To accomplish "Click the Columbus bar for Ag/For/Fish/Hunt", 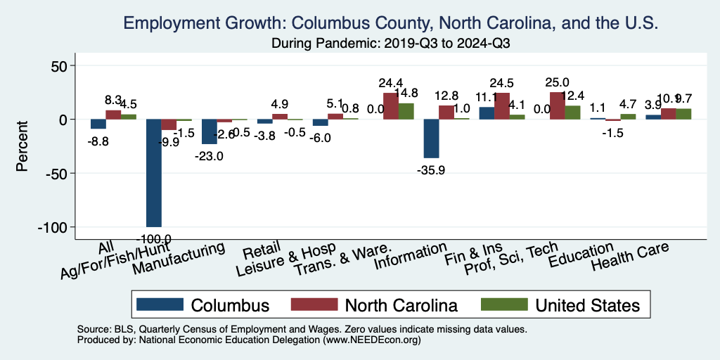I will point(153,172).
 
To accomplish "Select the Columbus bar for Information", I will point(431,138).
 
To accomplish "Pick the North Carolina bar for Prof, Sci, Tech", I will point(557,105).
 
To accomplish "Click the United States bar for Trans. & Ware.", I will point(406,111).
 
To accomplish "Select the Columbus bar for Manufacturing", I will point(209,131).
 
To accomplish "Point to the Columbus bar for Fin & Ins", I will point(487,113).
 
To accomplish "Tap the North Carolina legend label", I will point(401,305).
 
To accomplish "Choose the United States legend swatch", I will point(503,304).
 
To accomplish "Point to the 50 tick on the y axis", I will point(56,66).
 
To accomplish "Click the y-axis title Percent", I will point(22,147).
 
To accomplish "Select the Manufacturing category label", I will point(179,259).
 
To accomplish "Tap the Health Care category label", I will point(629,257).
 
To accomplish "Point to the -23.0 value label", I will point(208,156).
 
